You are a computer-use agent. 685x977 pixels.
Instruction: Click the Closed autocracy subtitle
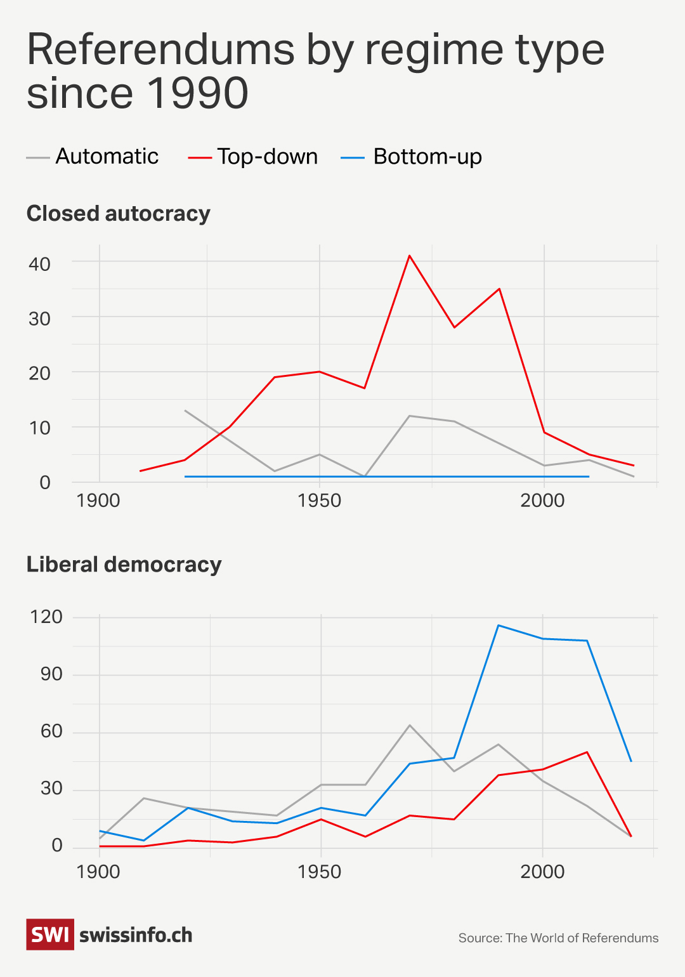[118, 214]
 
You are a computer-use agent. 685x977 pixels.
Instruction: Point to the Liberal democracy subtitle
[124, 565]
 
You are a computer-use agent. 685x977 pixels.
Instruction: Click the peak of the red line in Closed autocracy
[410, 256]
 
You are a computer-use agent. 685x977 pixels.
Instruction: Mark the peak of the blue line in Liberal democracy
[499, 626]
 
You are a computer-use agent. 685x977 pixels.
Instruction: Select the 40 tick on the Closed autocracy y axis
[39, 264]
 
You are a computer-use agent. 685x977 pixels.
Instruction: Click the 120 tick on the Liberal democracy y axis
[46, 617]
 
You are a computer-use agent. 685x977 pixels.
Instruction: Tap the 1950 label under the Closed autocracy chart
[319, 501]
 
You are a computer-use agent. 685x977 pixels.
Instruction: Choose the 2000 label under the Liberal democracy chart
[542, 872]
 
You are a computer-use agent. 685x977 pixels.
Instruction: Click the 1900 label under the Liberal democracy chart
[98, 872]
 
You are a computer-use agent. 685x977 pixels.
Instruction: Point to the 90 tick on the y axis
[51, 674]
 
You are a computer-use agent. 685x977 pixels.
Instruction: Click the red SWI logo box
[50, 934]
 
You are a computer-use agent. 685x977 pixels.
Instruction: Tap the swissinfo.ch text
[136, 935]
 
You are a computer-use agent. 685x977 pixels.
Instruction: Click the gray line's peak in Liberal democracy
[410, 725]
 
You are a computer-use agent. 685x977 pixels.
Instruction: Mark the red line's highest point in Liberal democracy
[587, 752]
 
